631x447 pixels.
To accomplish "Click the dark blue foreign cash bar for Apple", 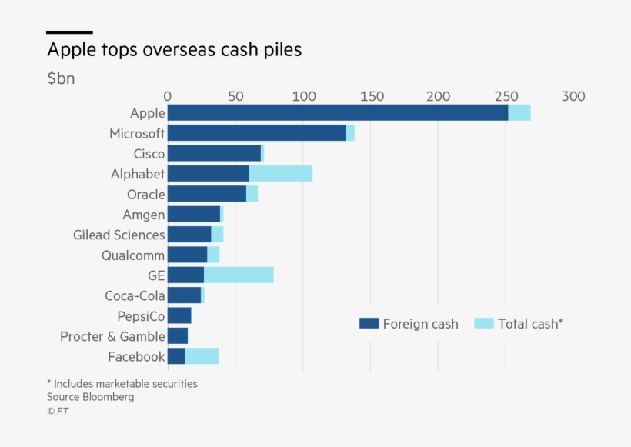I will pos(337,113).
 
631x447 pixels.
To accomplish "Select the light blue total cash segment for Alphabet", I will pos(281,174).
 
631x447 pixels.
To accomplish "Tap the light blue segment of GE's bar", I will pos(239,275).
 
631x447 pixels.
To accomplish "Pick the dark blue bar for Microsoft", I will pos(256,133).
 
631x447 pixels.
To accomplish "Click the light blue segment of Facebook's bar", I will pos(202,356).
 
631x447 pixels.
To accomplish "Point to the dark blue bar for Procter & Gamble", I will pos(177,336).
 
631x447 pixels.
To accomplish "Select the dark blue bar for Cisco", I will pos(214,154).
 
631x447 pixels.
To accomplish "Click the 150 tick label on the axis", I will pos(371,96).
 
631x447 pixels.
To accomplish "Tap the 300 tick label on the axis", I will pos(573,96).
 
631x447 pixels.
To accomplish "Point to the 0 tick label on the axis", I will pos(168,96).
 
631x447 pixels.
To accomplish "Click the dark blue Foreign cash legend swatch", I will pos(369,324).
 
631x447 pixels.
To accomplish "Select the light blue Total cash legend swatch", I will pos(484,324).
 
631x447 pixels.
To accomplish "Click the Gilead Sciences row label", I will pos(119,235).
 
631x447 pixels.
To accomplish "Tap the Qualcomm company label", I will pos(133,255).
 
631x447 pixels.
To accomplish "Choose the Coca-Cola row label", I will pos(135,295).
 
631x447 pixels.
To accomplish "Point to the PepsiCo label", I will pos(141,316).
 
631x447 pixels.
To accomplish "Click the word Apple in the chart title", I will pos(72,50).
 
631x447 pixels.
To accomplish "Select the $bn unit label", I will pos(61,78).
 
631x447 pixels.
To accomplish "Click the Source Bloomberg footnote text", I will pos(90,397).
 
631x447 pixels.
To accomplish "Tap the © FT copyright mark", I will pos(58,412).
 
